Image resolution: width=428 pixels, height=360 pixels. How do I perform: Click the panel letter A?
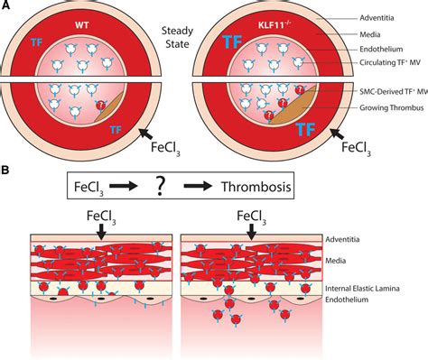(8, 5)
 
